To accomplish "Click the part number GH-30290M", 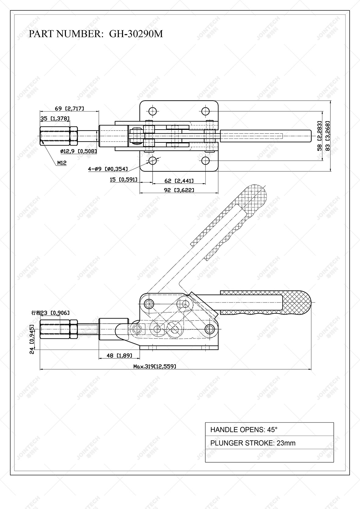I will click(136, 34).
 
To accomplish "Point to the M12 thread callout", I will click(62, 163).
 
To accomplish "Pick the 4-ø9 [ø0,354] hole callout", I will click(108, 169).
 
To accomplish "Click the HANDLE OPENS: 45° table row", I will click(269, 430).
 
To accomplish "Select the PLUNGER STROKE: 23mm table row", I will click(269, 443).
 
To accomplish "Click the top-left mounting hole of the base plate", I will click(153, 111).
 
